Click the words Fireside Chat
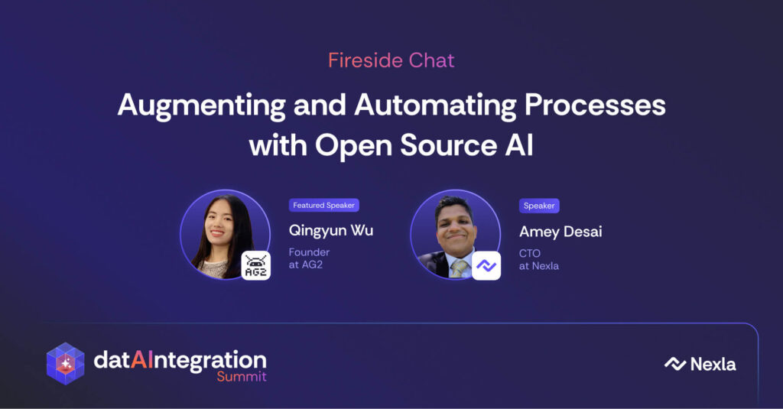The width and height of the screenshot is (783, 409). [x=391, y=60]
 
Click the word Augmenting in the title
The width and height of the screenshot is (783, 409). [x=202, y=106]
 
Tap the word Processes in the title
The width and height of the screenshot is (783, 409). [x=595, y=105]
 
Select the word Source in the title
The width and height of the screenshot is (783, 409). [x=448, y=145]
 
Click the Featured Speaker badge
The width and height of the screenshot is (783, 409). [x=323, y=205]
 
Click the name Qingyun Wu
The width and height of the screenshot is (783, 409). [x=330, y=231]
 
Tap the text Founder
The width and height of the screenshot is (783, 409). [x=309, y=252]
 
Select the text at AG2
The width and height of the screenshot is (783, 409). [x=306, y=265]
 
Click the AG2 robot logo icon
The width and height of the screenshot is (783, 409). [x=256, y=265]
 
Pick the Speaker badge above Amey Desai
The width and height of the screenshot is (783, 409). [x=539, y=206]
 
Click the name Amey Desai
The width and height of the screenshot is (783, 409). [x=560, y=232]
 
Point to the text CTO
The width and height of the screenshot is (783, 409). [x=529, y=253]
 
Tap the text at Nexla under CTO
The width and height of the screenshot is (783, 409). [x=539, y=266]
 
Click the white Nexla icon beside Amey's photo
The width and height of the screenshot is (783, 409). [x=486, y=266]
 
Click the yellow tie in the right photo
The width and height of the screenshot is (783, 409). [x=459, y=268]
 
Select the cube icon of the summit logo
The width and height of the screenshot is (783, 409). [x=66, y=364]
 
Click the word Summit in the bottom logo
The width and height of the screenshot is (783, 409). [x=241, y=377]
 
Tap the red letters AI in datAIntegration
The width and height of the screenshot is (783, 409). [x=141, y=359]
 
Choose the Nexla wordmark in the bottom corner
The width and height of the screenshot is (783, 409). [x=700, y=364]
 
